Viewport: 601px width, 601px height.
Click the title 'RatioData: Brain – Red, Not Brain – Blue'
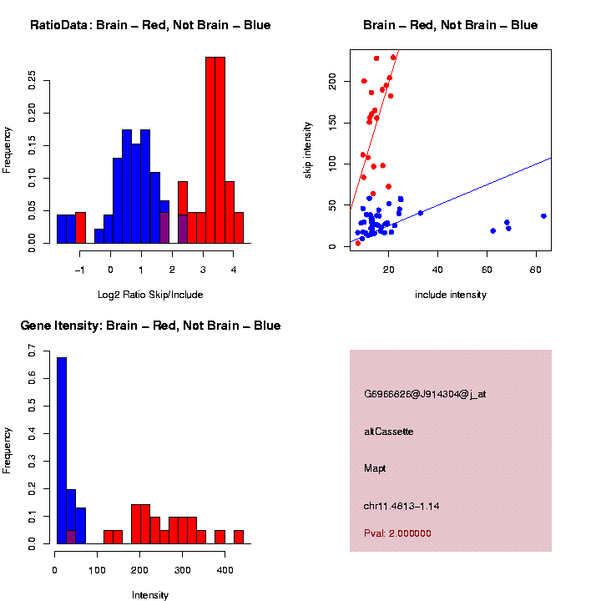150,25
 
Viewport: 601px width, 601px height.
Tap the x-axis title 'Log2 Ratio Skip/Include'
151,294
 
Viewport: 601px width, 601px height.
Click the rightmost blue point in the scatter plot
543,216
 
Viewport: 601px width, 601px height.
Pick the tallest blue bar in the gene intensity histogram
62,451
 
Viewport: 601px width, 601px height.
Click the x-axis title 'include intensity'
450,294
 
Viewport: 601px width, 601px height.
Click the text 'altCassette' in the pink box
389,432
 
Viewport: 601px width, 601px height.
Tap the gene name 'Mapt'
375,468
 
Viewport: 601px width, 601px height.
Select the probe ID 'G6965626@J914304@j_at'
425,394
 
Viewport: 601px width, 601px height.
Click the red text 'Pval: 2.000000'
397,533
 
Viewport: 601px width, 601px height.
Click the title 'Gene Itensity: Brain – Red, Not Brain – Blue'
150,326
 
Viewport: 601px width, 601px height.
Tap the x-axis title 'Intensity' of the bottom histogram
150,594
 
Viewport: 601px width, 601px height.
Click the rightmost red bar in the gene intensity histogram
239,537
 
